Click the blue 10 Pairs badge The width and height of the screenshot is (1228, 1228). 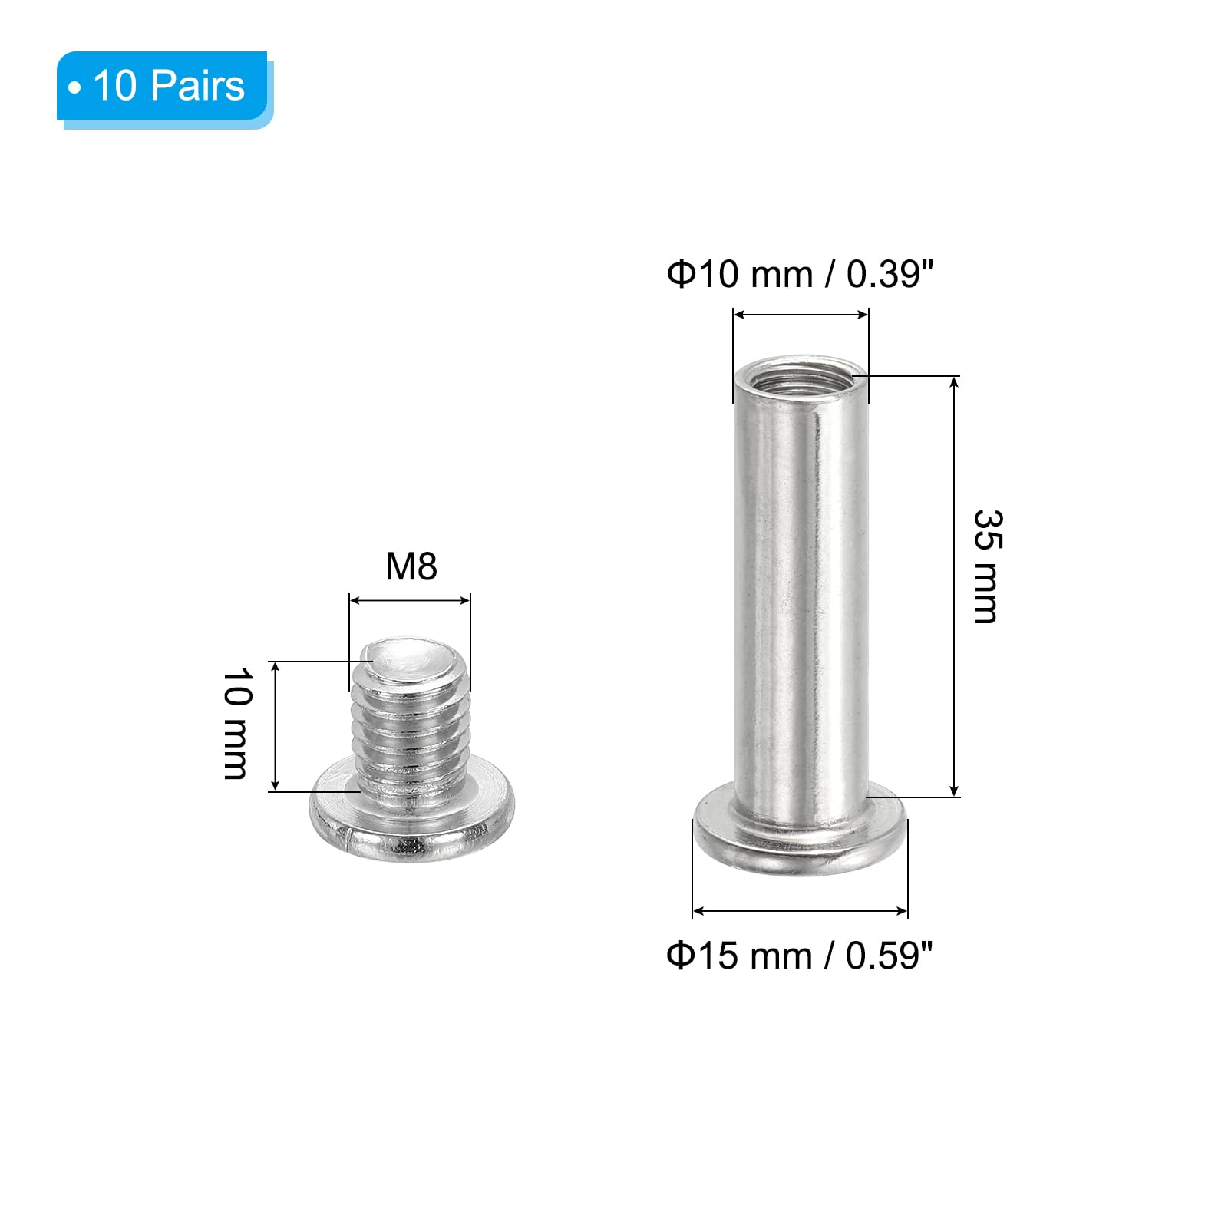click(164, 89)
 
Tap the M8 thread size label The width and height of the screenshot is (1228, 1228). click(411, 566)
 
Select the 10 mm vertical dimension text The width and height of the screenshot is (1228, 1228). click(236, 724)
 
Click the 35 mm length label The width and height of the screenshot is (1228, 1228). click(987, 566)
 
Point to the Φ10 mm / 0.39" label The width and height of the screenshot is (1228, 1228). click(801, 274)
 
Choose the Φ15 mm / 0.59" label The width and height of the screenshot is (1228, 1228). click(800, 956)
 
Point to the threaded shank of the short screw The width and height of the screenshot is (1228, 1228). click(410, 729)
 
